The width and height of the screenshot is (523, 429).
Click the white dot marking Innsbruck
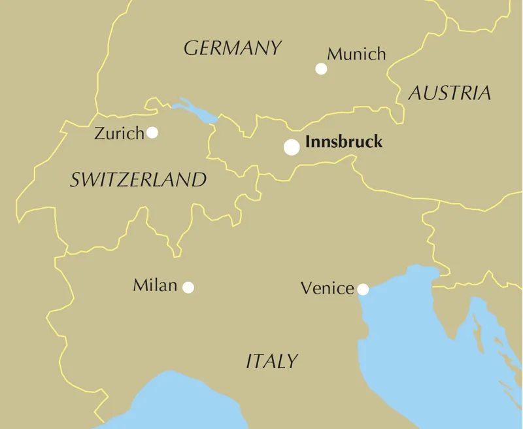(x=292, y=147)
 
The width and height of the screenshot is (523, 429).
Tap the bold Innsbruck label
(x=344, y=142)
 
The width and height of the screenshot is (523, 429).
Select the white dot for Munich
(x=321, y=69)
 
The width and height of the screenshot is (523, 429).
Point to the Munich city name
(x=356, y=54)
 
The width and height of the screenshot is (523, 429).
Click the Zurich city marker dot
(x=152, y=133)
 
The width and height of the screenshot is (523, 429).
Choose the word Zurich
(x=119, y=134)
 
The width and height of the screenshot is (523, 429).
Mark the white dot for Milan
(x=188, y=287)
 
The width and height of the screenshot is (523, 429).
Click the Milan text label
(x=155, y=286)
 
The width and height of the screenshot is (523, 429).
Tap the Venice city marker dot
(x=363, y=289)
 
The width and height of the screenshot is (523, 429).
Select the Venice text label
(x=327, y=288)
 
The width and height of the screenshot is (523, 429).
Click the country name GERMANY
(x=233, y=48)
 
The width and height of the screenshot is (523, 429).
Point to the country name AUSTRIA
(x=450, y=94)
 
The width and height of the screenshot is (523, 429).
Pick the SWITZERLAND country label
(x=138, y=180)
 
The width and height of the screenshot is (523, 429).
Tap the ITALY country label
(x=272, y=361)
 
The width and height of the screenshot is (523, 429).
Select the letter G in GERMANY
(x=191, y=48)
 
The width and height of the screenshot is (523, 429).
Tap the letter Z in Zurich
(x=99, y=134)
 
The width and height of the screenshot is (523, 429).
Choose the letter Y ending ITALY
(x=292, y=361)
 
